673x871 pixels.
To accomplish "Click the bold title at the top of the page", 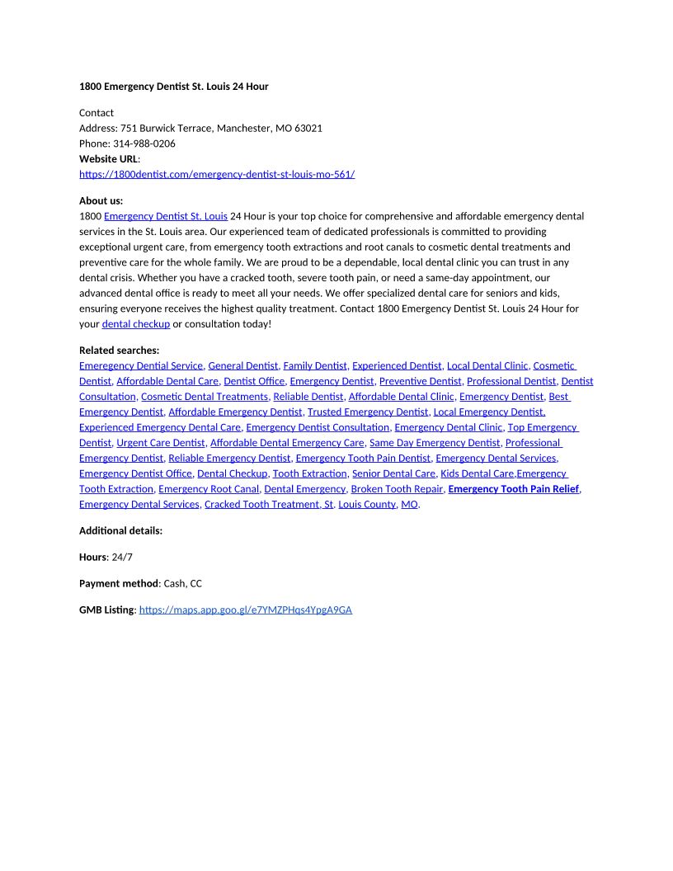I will coord(173,87).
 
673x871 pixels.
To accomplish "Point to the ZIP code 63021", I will coord(308,128).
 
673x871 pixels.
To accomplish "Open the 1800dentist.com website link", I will coord(217,174).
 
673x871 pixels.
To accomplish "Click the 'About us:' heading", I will coord(101,200).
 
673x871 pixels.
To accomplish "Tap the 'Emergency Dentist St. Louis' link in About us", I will coord(166,216).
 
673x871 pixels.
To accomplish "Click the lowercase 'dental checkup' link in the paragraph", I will coord(136,324).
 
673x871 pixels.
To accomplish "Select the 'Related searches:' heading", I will coord(120,350).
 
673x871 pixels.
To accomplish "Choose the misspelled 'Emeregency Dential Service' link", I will coord(141,365).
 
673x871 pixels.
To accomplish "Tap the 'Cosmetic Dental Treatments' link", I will coord(205,397).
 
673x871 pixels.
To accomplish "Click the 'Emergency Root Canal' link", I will coord(209,489).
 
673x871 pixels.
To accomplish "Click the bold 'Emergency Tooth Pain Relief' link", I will coord(513,489).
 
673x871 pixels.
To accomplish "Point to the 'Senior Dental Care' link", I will coord(393,473).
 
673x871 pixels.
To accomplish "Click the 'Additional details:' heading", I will coord(120,530).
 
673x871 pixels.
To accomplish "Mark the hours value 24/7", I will coord(122,557).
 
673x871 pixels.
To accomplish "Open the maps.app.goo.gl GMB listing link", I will coord(246,610).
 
